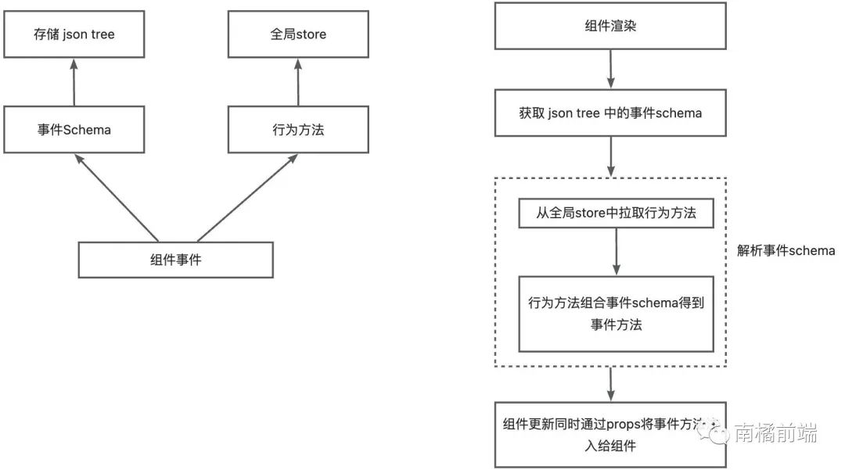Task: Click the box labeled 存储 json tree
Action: (x=74, y=34)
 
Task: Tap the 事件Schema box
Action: (x=74, y=130)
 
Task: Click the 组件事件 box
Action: (x=176, y=260)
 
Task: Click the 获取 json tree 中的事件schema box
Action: (x=610, y=113)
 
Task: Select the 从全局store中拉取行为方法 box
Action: (x=616, y=213)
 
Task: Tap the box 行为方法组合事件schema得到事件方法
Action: (x=616, y=313)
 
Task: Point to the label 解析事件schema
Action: (x=786, y=251)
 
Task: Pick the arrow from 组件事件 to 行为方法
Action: (x=247, y=197)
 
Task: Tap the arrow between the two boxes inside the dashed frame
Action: (x=616, y=252)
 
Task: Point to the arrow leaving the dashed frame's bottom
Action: (x=610, y=383)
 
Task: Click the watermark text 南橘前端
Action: (x=775, y=432)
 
